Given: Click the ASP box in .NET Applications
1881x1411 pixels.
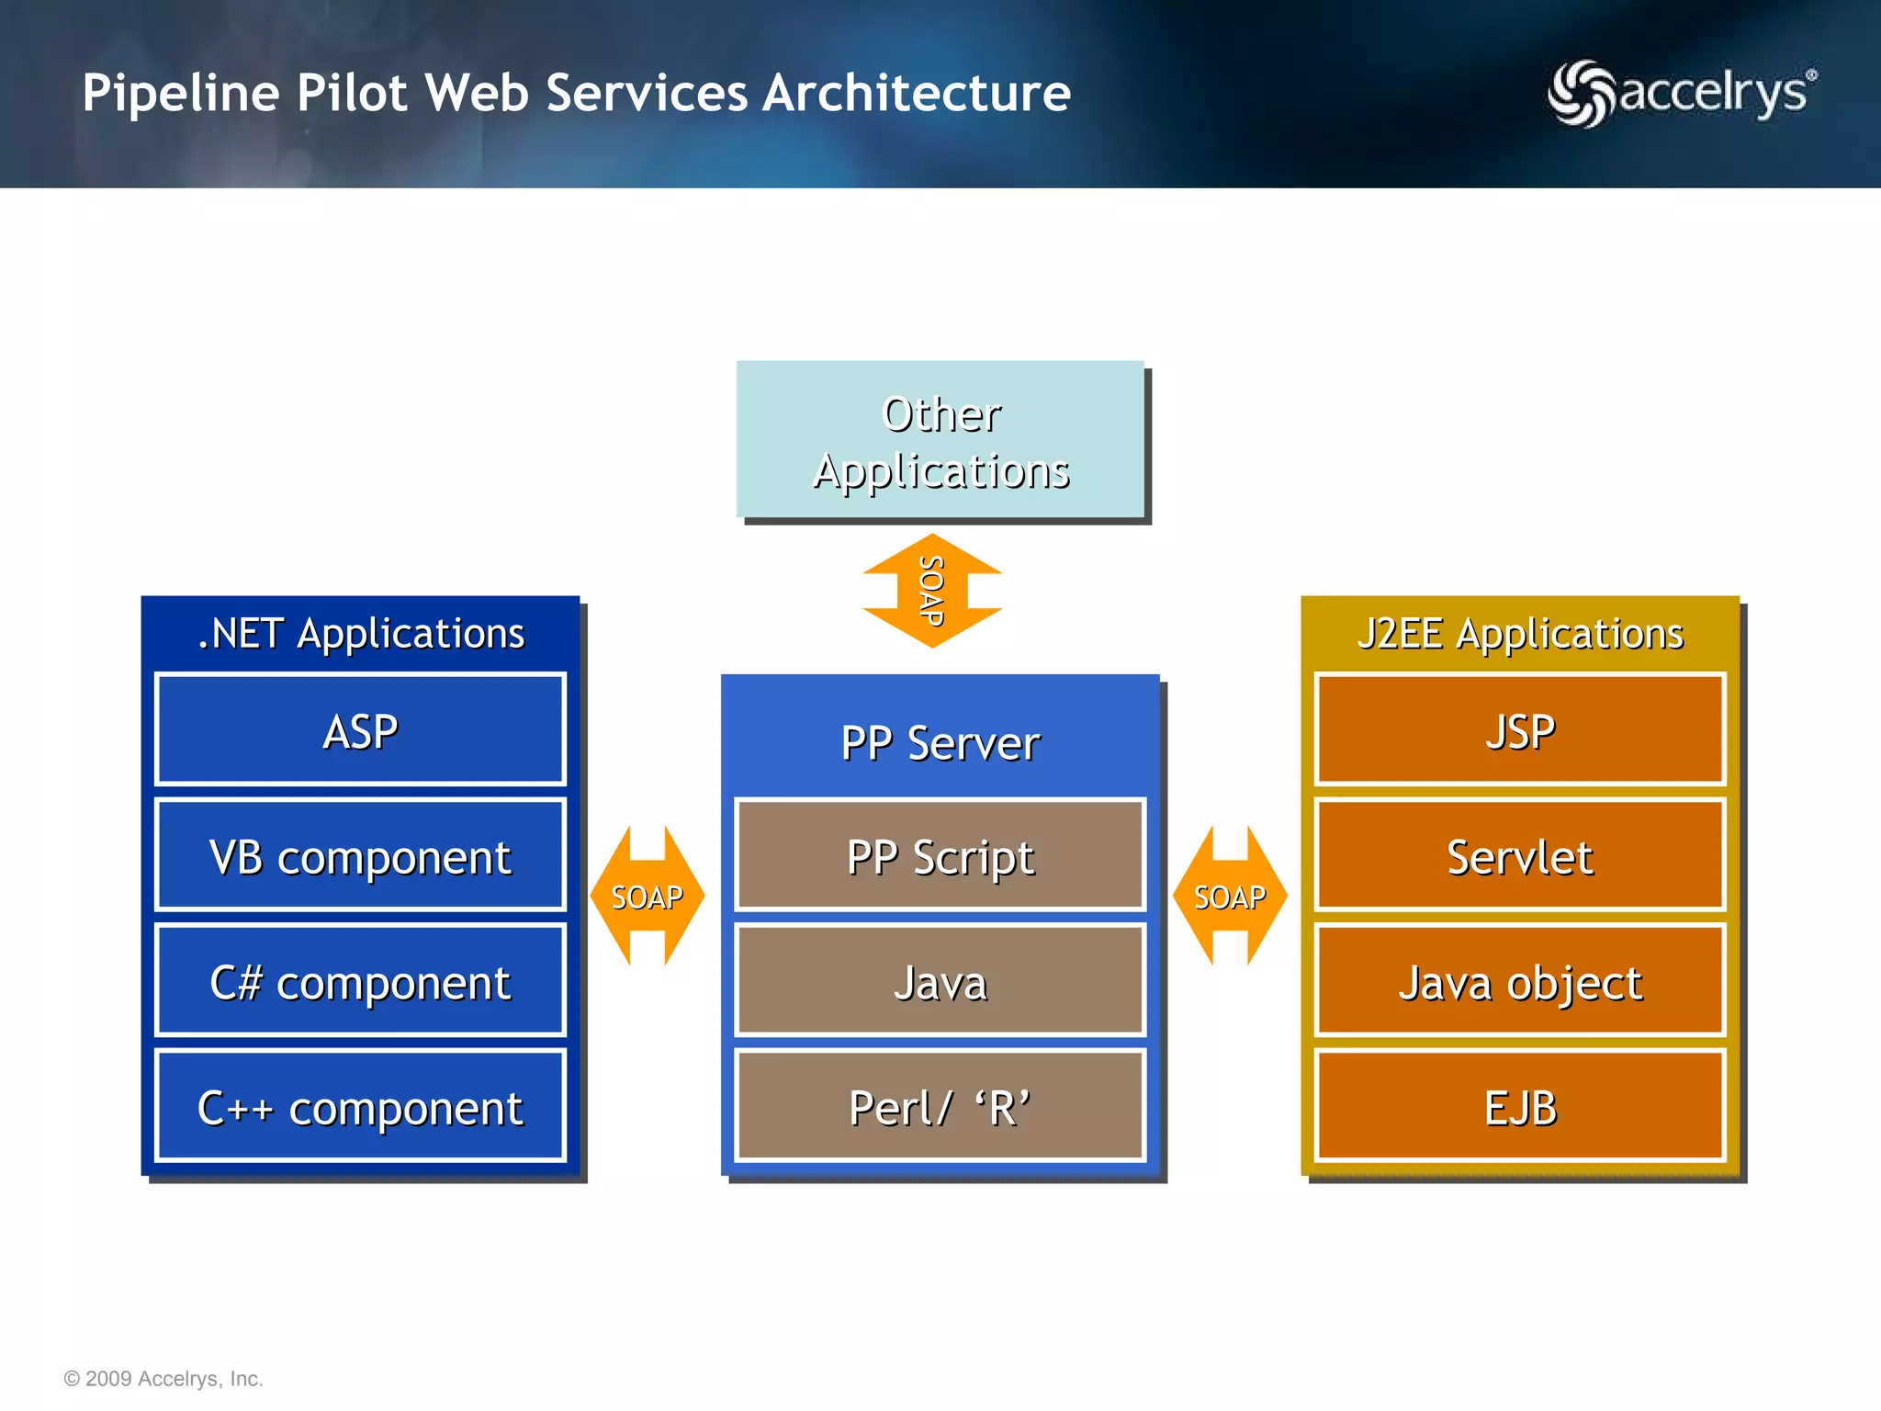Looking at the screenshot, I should coord(360,729).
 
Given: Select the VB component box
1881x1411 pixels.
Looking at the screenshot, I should coord(360,855).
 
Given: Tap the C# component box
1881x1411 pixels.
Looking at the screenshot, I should coord(360,980).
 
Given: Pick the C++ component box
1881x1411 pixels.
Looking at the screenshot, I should coord(360,1106).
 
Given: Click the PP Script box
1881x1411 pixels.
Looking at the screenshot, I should coord(940,855).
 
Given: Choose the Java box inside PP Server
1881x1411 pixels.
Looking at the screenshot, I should coord(940,980).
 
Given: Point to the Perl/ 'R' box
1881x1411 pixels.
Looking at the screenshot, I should coord(940,1106).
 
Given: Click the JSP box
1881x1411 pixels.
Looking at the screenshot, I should coord(1520,729).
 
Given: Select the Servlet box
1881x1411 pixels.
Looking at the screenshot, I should coord(1520,855).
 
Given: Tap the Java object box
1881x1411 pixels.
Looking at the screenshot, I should coord(1520,980).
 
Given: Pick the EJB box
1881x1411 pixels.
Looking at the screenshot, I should coord(1520,1106).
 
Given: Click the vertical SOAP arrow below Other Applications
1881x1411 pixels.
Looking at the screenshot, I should coord(932,591).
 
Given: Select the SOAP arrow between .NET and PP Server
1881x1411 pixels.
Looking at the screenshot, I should coord(648,896).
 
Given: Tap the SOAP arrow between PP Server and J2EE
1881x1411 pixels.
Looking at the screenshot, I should coord(1230,896).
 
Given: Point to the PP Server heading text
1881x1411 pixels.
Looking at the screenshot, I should coord(940,742).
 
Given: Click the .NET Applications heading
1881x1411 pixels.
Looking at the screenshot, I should coord(361,633).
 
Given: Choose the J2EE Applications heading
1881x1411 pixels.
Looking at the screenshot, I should coord(1520,633).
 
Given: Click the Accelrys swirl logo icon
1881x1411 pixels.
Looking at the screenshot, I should coord(1580,93).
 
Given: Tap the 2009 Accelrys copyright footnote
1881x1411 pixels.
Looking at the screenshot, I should coord(163,1378).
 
